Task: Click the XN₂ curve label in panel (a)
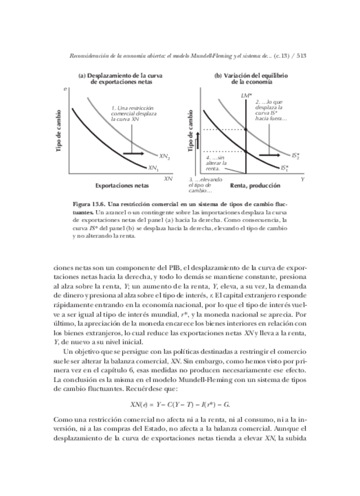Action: (x=164, y=156)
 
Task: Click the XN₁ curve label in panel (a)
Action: (x=153, y=168)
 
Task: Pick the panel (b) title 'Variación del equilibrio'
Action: (x=251, y=76)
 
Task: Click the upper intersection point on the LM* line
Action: (x=245, y=129)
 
